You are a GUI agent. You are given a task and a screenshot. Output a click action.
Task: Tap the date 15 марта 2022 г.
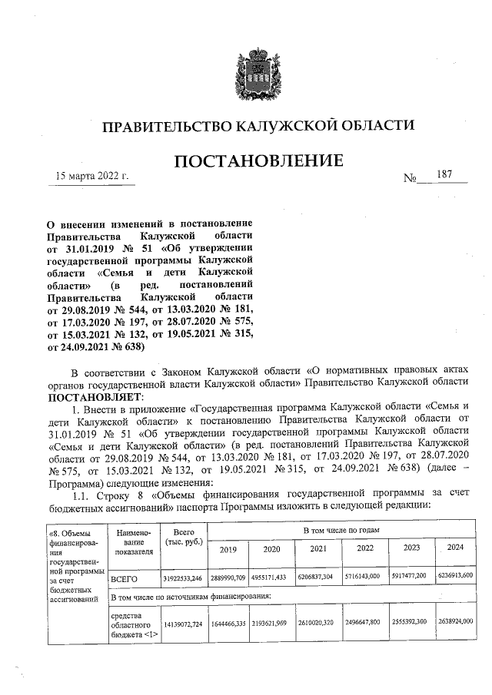point(90,177)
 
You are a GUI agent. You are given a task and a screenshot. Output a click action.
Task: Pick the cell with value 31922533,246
point(183,576)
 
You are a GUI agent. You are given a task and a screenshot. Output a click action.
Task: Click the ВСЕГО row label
point(125,576)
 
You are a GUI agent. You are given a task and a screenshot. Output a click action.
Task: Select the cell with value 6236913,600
point(454,575)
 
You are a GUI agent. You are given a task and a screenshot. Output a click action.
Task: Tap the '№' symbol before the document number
point(410,179)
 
